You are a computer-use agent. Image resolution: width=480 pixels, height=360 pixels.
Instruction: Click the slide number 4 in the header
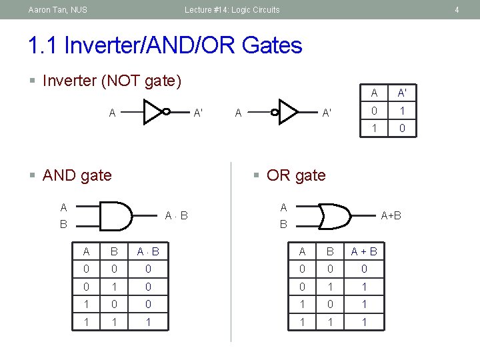[457, 10]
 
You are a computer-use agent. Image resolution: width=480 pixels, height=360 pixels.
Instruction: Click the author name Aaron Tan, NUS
[58, 10]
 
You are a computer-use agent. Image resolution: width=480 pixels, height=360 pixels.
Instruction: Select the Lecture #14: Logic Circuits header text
[232, 10]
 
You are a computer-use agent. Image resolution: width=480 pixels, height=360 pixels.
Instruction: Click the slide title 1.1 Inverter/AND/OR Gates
[165, 45]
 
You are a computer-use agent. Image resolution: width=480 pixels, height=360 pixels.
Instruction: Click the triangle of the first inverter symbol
[153, 112]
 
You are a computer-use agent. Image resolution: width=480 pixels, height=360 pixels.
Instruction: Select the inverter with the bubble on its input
[286, 112]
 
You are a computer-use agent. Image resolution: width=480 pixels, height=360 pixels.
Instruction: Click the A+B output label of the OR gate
[391, 215]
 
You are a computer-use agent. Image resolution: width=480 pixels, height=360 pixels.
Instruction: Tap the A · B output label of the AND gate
[176, 215]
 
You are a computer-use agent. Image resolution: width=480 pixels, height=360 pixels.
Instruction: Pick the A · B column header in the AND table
[148, 251]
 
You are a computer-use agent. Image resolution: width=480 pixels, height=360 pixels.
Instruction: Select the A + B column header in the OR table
[364, 251]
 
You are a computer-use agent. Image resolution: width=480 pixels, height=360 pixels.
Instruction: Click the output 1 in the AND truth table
[148, 322]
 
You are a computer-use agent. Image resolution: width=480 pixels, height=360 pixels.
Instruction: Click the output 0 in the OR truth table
[364, 269]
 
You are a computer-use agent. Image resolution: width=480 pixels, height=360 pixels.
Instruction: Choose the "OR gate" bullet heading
[296, 175]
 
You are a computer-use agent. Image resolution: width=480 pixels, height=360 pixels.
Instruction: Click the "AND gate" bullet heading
[77, 175]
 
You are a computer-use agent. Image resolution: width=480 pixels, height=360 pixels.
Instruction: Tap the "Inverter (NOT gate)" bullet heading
[111, 81]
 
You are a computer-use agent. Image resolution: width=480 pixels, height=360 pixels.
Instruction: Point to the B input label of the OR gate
[283, 225]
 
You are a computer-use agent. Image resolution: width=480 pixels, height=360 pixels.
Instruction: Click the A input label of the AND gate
[63, 207]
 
